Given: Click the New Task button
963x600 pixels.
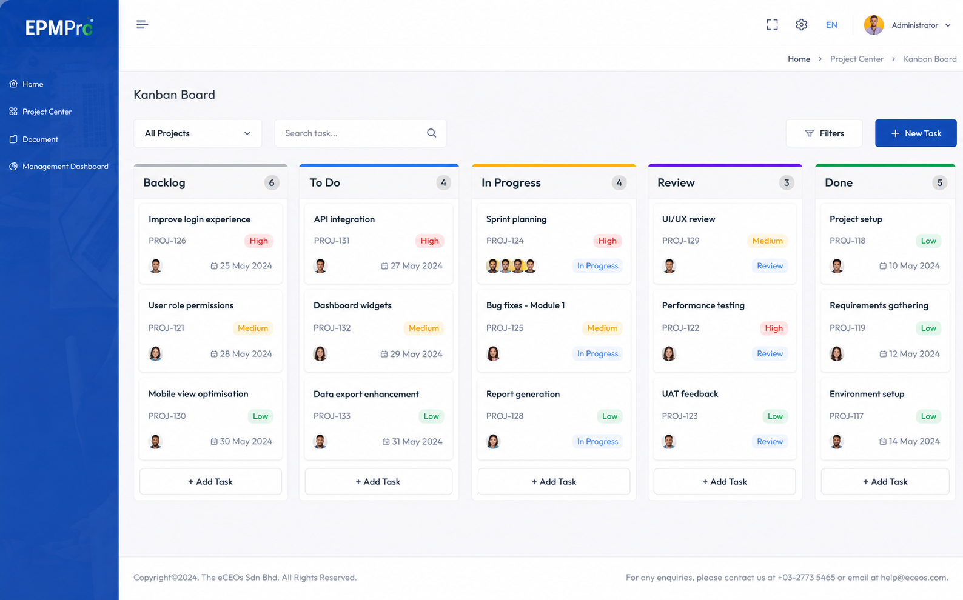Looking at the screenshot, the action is (916, 133).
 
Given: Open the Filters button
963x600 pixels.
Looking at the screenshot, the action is (824, 133).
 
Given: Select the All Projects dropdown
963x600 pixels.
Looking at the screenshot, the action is (198, 133).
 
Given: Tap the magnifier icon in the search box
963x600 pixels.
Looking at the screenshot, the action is (431, 133).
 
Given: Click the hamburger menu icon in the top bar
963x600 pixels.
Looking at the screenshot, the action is (143, 24).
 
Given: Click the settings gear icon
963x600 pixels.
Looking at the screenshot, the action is (801, 24).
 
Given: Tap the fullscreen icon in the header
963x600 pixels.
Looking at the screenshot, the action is (772, 24).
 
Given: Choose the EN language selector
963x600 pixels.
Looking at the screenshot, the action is (831, 25).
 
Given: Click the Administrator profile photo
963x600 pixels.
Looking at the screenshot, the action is (874, 25).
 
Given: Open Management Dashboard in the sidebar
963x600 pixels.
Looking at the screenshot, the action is (65, 166).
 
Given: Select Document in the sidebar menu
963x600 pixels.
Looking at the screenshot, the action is (40, 139).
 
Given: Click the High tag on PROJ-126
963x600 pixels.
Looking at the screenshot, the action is (258, 241).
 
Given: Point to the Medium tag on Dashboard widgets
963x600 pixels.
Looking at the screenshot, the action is (423, 328).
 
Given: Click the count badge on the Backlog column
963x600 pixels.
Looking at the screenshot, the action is (272, 182).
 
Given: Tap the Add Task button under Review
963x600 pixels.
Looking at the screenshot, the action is (725, 481).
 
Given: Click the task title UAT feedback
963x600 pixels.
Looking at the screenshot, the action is (690, 394).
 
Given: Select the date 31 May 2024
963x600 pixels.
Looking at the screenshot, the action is (417, 441).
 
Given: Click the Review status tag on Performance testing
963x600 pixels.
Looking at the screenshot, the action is (770, 353).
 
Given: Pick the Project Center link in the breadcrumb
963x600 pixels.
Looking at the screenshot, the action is (856, 59).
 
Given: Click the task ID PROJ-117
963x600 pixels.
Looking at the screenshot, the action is (846, 416).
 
